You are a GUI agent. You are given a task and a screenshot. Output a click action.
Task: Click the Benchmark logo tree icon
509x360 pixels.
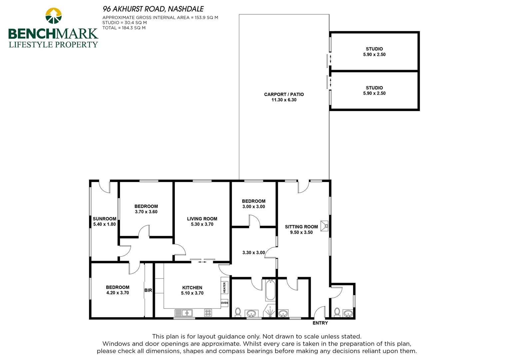53,16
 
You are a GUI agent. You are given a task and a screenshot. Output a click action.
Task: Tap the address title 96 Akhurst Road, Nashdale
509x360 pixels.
153,9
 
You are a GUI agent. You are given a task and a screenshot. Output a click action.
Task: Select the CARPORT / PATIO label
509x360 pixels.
284,94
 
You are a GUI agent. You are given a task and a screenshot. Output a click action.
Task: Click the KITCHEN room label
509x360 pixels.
192,288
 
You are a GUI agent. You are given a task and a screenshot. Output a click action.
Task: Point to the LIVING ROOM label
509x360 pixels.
202,219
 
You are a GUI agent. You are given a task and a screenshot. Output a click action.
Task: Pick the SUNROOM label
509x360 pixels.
104,219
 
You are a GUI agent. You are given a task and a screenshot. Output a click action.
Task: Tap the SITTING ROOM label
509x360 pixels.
301,227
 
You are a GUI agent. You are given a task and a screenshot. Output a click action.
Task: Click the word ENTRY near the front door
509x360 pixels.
320,323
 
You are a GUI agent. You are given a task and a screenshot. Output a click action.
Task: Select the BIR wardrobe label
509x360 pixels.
148,290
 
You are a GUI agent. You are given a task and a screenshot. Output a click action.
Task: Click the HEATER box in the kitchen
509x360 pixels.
225,287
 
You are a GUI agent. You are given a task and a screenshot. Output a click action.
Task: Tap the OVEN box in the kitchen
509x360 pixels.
225,303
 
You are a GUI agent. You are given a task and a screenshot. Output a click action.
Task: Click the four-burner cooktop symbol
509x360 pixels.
208,313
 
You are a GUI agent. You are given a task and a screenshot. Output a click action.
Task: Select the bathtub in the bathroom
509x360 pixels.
270,290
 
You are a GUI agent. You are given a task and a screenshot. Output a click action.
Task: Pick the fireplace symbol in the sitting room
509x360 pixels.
324,226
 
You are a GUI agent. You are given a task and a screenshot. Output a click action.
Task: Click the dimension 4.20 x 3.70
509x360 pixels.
118,293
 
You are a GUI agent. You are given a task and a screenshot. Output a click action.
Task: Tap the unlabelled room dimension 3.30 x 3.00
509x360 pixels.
254,253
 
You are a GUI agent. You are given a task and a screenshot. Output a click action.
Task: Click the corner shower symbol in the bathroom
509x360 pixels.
270,311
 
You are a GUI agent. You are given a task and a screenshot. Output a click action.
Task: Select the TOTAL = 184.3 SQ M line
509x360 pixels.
124,28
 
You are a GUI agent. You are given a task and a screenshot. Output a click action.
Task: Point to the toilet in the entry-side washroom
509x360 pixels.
337,312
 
